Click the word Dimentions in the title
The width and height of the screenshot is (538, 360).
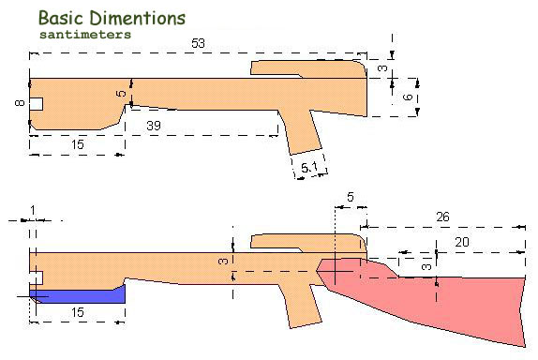(138, 18)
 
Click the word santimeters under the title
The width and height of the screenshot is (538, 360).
(85, 35)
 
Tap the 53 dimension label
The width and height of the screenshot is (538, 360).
(198, 43)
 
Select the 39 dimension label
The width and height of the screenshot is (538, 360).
(154, 126)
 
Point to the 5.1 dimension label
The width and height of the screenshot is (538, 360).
(309, 168)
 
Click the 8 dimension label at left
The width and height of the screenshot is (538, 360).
(20, 102)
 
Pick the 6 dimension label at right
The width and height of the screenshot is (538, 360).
(408, 97)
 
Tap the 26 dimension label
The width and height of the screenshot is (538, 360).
(442, 217)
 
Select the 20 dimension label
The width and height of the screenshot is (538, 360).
(462, 242)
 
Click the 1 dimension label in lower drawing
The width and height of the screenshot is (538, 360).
(33, 210)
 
